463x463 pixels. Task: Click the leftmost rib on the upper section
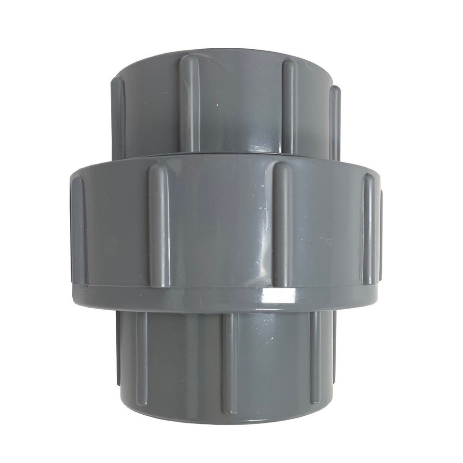pyautogui.click(x=119, y=116)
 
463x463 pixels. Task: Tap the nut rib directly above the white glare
pyautogui.click(x=283, y=222)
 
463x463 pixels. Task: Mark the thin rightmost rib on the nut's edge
pyautogui.click(x=381, y=231)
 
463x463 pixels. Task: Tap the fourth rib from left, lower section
pyautogui.click(x=314, y=357)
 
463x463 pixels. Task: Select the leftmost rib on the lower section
pyautogui.click(x=119, y=352)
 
